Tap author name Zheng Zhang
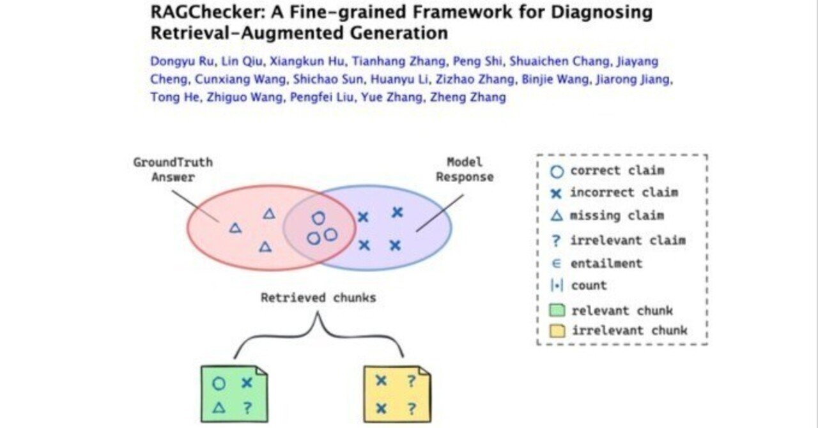tap(468, 98)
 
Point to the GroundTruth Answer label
tap(173, 169)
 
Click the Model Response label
tap(465, 169)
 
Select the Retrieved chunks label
tap(318, 298)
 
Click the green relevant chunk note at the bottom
tap(233, 394)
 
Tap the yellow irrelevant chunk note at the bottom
tap(396, 394)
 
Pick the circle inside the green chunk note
tap(219, 384)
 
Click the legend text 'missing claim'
tap(617, 215)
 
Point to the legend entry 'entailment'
tap(606, 263)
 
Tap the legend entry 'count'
tap(589, 286)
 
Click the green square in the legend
tap(557, 311)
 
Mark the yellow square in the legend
tap(557, 331)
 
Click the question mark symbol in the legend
tap(557, 240)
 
